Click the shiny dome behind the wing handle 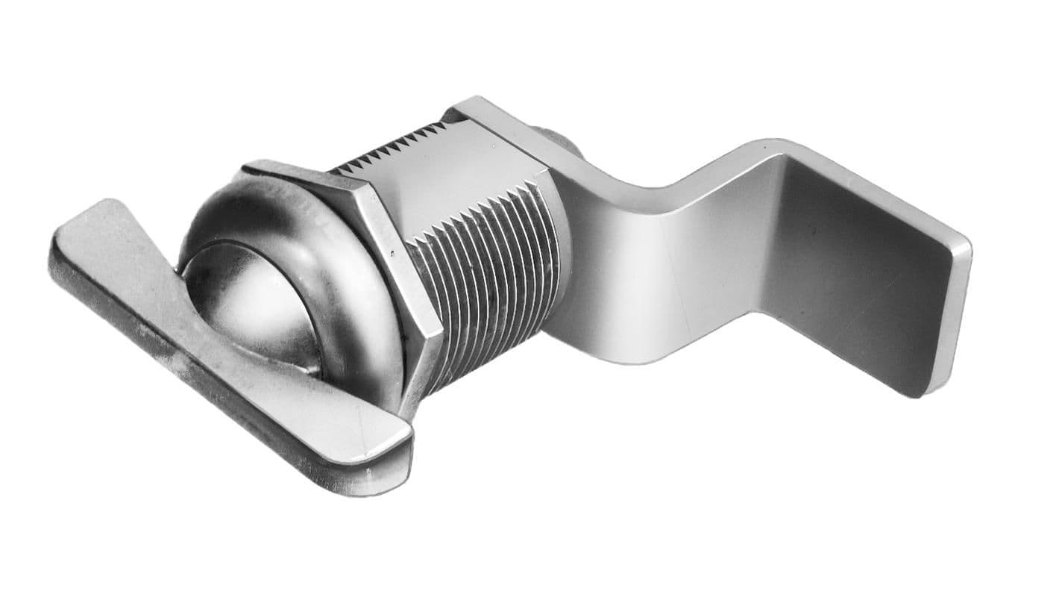[246, 298]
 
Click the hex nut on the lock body [373, 246]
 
